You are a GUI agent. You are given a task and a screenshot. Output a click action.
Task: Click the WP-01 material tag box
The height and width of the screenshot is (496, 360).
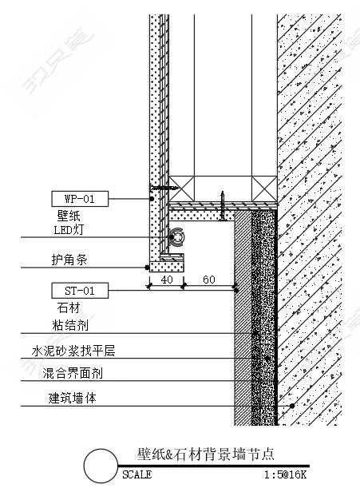[80, 199]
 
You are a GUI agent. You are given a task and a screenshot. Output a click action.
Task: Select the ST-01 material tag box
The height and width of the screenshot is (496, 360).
[80, 291]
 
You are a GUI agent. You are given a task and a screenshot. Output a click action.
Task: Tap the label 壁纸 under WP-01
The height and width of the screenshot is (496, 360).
[69, 216]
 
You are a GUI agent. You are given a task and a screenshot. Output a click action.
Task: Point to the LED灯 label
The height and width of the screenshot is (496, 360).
[69, 229]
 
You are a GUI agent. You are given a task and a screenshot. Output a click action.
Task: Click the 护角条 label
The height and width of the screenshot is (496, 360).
[69, 260]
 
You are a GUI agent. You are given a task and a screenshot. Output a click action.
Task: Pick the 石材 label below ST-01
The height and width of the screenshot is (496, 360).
[69, 308]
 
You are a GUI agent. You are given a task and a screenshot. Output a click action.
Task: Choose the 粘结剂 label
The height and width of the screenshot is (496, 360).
[70, 325]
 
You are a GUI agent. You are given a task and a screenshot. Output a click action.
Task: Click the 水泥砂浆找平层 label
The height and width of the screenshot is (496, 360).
[73, 351]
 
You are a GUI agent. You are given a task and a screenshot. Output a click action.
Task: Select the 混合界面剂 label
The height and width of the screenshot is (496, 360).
[73, 373]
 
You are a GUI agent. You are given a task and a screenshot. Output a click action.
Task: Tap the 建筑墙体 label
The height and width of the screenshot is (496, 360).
[73, 398]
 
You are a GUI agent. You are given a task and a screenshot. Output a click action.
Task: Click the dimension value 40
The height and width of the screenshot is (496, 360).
[167, 280]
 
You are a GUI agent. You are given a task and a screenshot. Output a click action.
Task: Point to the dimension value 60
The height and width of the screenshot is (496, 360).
[209, 280]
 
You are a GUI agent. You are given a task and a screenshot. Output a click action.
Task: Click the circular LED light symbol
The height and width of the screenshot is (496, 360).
[176, 237]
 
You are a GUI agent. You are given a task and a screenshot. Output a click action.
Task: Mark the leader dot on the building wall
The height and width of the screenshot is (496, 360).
[292, 406]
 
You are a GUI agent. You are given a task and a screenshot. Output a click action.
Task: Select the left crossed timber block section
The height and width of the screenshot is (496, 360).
[181, 188]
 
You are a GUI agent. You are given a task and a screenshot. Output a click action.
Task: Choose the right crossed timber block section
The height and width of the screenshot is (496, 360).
[264, 188]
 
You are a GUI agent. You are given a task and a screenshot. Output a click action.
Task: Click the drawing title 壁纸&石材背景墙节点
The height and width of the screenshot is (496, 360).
[206, 454]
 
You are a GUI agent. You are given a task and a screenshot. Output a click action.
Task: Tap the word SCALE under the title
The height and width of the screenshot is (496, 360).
[136, 474]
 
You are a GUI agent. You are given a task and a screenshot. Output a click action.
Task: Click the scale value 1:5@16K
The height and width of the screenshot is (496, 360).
[286, 474]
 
